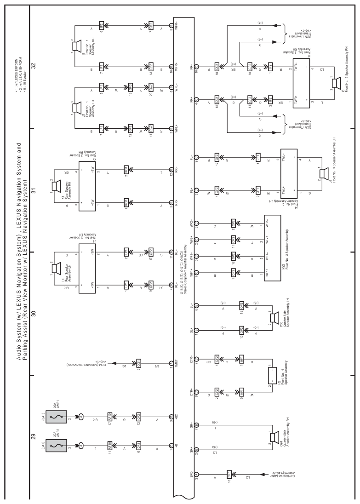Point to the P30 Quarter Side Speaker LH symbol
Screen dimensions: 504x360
[x=274, y=317]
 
